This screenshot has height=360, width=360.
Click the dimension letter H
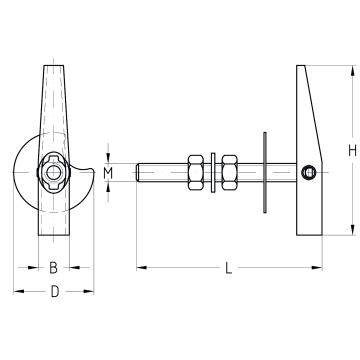tap(352, 151)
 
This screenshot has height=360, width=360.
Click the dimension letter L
tap(228, 268)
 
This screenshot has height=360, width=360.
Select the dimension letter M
tap(108, 173)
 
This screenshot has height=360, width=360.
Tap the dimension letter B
tap(54, 268)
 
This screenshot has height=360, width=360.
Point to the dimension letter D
tap(55, 292)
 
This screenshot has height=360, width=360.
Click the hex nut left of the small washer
tap(196, 172)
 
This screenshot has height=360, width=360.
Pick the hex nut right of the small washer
tap(229, 172)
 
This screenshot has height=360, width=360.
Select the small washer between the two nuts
tap(213, 172)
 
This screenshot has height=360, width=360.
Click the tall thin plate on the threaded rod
tap(265, 172)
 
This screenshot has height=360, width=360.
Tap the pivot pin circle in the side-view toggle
tap(308, 172)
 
